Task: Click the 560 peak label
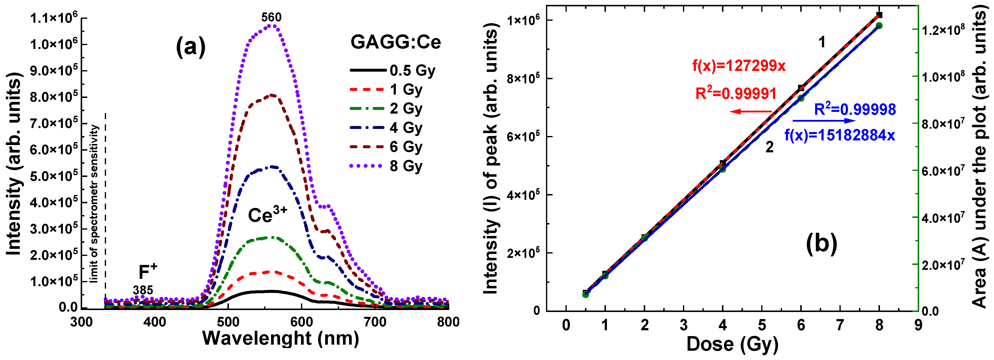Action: [271, 17]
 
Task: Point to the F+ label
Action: [148, 272]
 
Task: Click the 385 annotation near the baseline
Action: [143, 290]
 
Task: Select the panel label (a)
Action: [191, 48]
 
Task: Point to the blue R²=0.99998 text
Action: [855, 110]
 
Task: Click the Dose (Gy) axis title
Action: [732, 344]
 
